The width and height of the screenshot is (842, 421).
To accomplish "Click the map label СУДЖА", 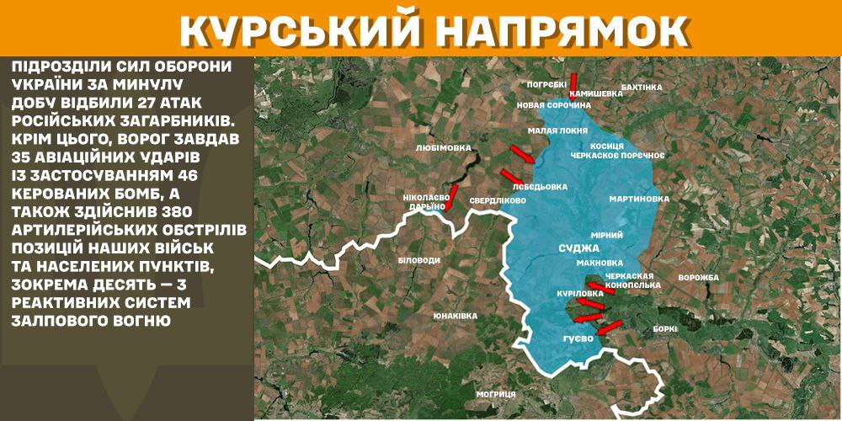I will tap(578, 248).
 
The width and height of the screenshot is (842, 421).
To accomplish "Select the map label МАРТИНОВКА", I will tap(639, 200).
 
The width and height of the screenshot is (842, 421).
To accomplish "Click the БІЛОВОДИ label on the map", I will tap(418, 261).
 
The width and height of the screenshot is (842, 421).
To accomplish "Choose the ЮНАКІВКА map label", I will tap(455, 316).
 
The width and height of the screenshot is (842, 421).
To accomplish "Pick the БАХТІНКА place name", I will tap(641, 87).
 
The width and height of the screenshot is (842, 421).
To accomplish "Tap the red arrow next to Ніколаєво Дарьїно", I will tap(452, 195).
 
